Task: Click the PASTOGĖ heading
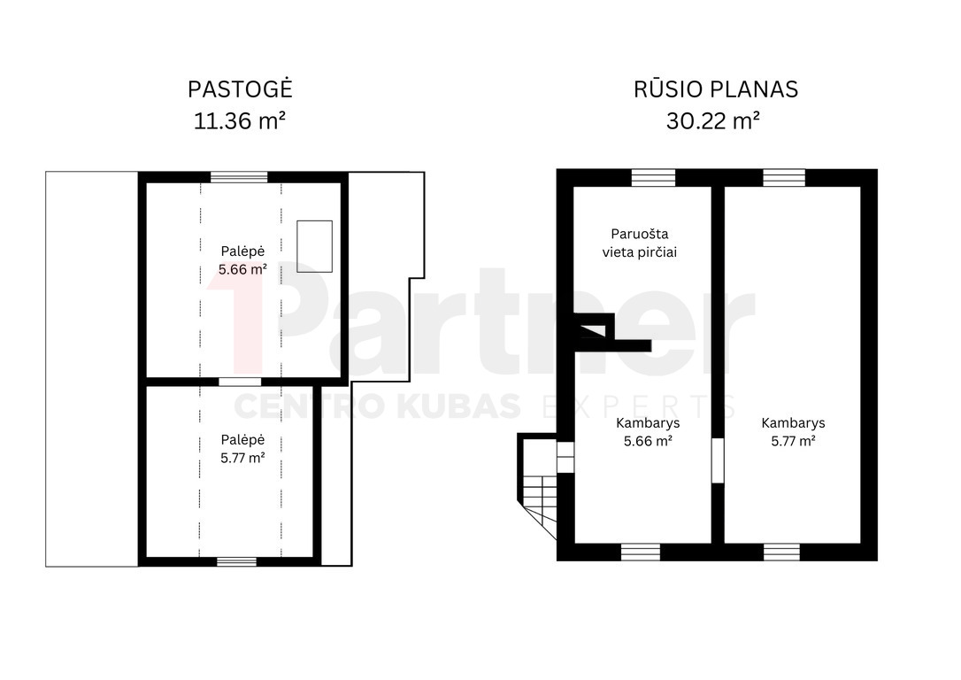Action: pyautogui.click(x=241, y=89)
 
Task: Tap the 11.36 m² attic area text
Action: pyautogui.click(x=240, y=120)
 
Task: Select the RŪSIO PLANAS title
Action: pyautogui.click(x=716, y=89)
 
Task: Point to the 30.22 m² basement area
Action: pyautogui.click(x=713, y=120)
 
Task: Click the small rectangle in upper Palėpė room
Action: pyautogui.click(x=314, y=246)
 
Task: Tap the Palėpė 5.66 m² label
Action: pyautogui.click(x=242, y=260)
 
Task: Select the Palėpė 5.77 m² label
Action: pyautogui.click(x=242, y=449)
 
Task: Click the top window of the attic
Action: pyautogui.click(x=239, y=177)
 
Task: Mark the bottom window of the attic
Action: pyautogui.click(x=236, y=561)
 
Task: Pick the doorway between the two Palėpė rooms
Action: pyautogui.click(x=240, y=382)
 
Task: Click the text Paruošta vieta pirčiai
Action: pyautogui.click(x=640, y=243)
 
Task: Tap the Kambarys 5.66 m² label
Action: pyautogui.click(x=648, y=432)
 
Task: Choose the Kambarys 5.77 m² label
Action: pyautogui.click(x=793, y=432)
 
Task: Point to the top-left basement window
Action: pyautogui.click(x=653, y=178)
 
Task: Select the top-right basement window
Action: pyautogui.click(x=784, y=178)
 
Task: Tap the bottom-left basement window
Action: pyautogui.click(x=641, y=552)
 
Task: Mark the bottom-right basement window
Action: pyautogui.click(x=781, y=552)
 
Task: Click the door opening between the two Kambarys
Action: pyautogui.click(x=718, y=460)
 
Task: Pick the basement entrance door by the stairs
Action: pyautogui.click(x=565, y=457)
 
